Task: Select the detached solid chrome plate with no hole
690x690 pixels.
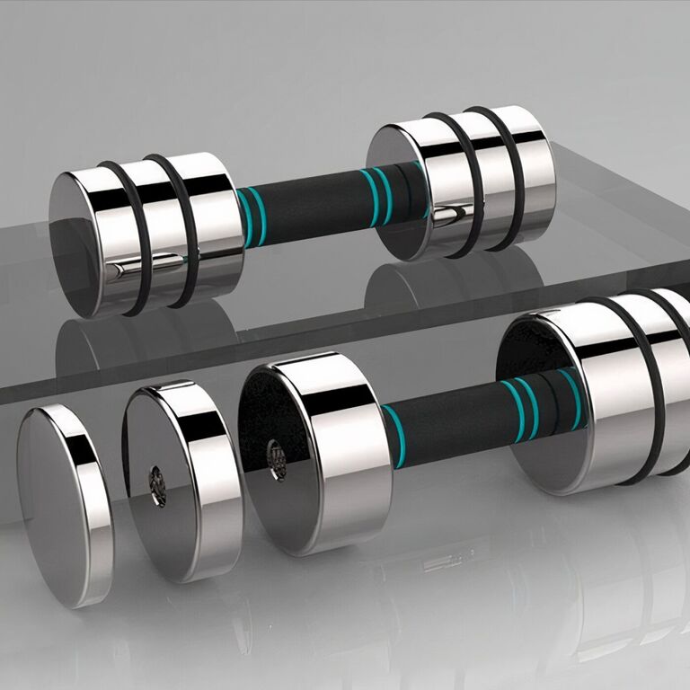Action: click(x=63, y=503)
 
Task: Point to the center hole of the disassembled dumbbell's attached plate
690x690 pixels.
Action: click(x=276, y=459)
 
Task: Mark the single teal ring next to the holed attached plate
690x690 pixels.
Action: click(x=393, y=435)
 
